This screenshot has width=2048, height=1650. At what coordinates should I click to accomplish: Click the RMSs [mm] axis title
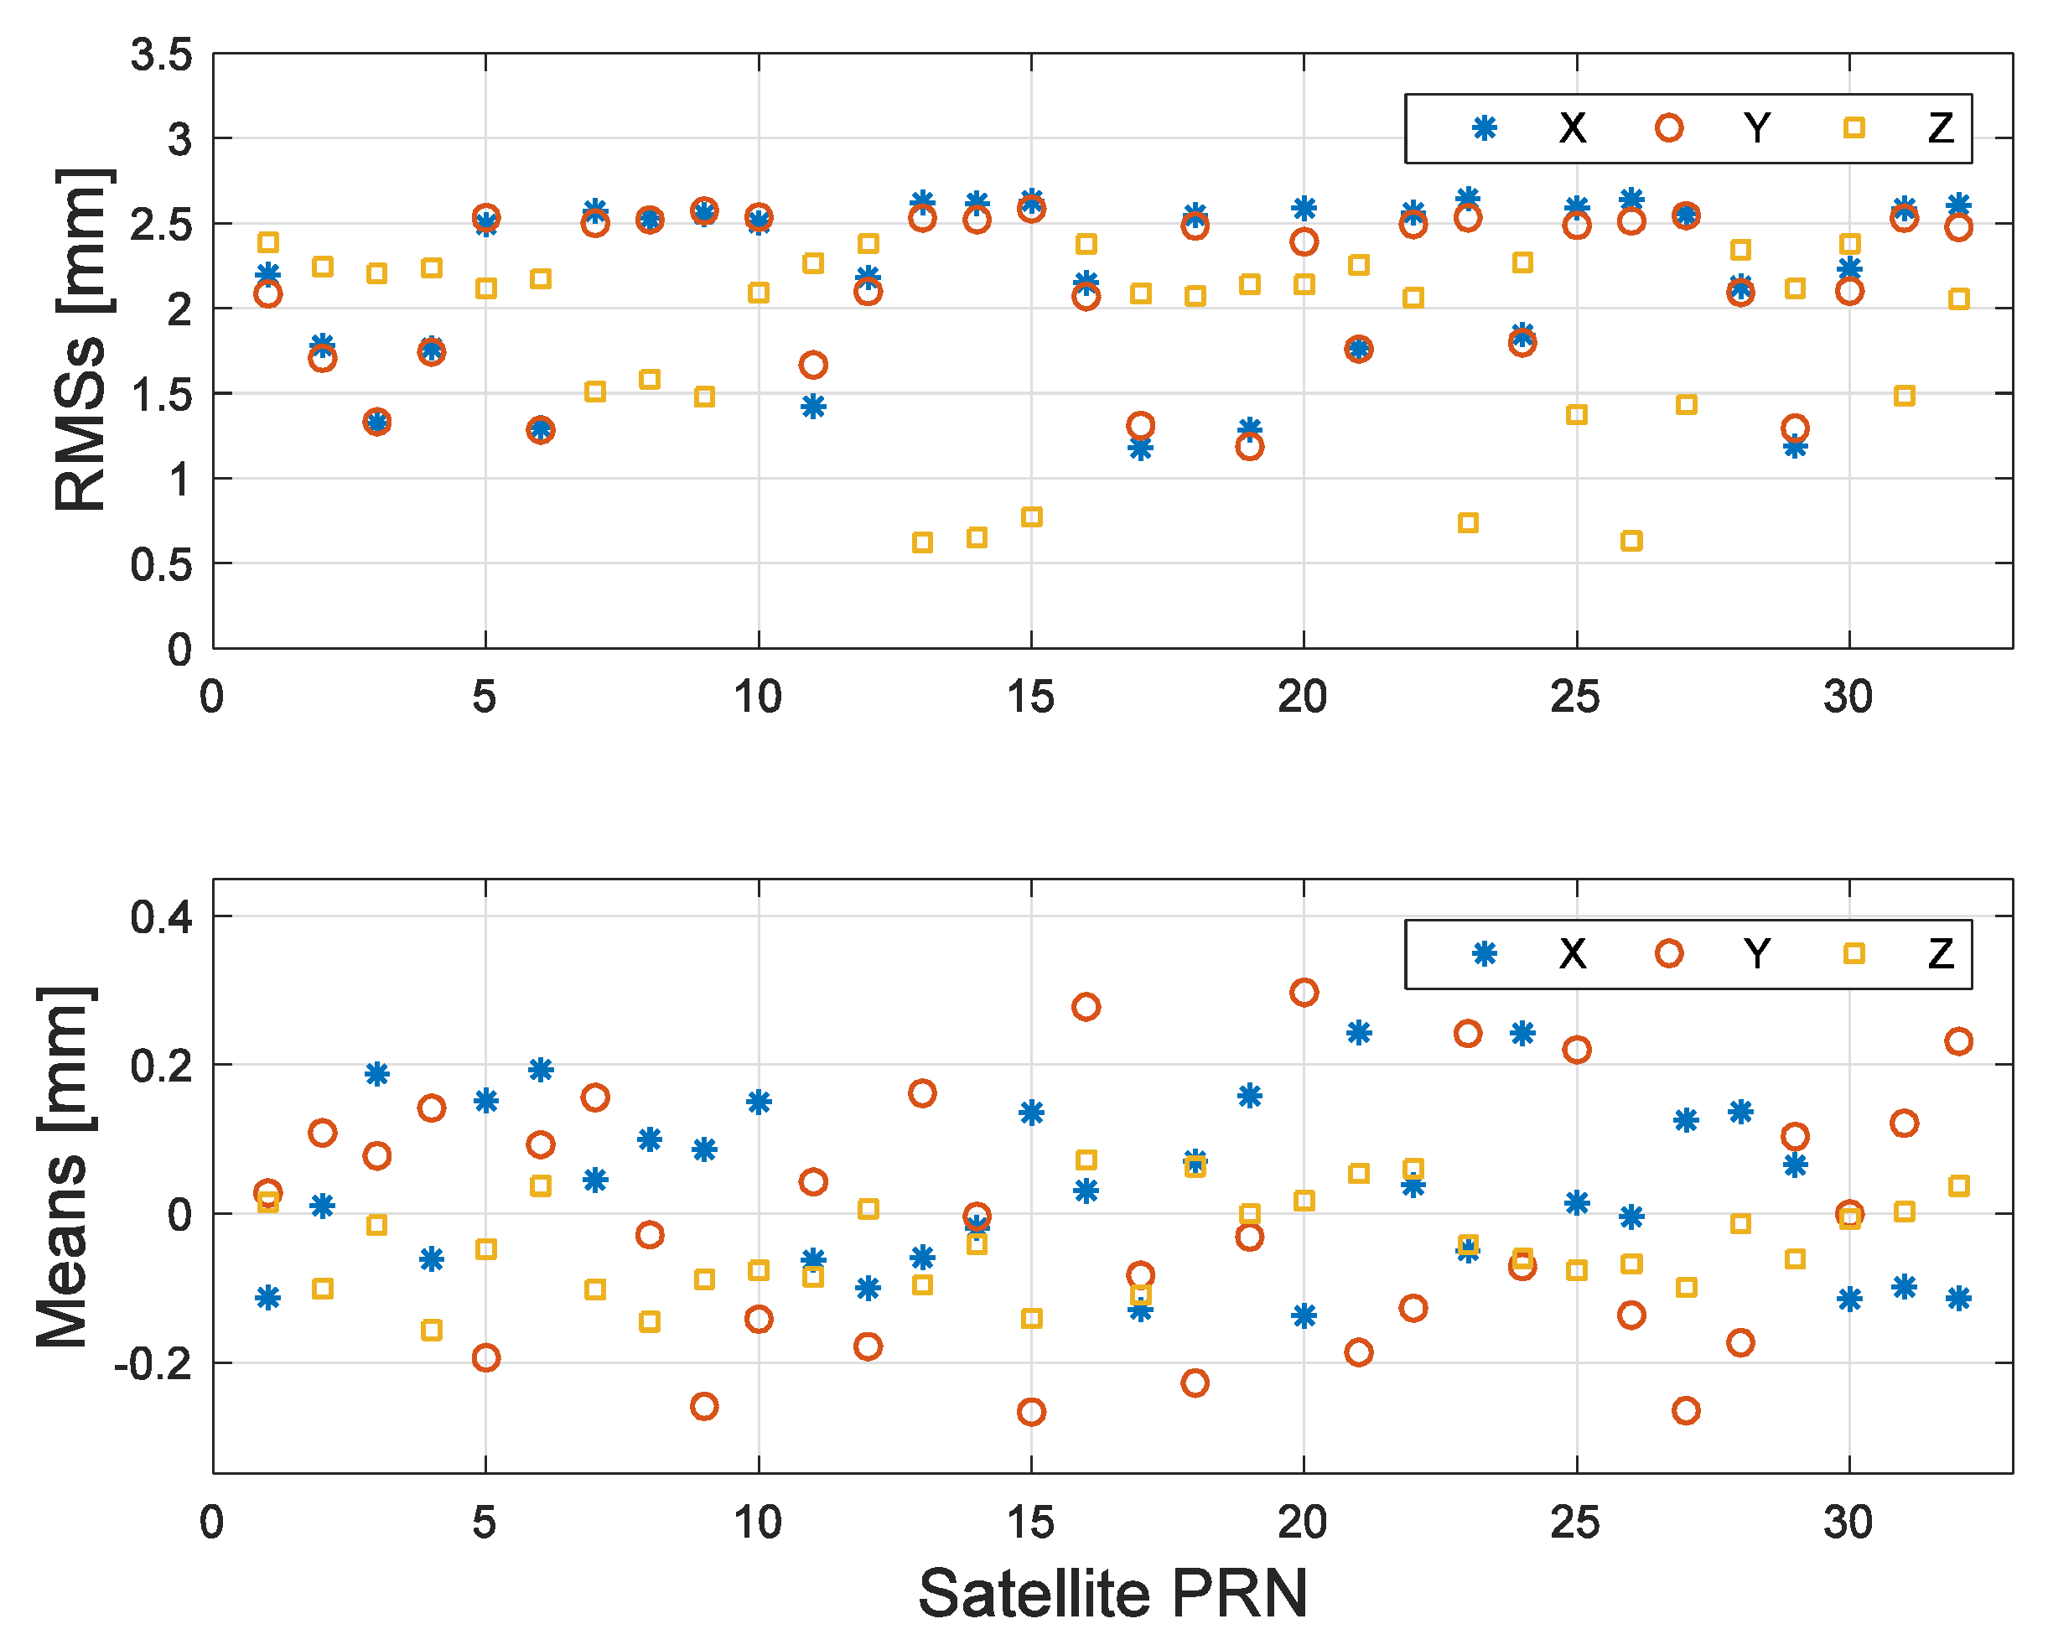click(80, 340)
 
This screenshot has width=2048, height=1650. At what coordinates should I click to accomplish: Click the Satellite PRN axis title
click(1112, 1593)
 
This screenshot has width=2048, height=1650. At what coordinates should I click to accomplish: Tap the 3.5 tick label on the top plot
click(162, 55)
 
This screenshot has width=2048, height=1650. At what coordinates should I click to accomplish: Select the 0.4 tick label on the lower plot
click(162, 918)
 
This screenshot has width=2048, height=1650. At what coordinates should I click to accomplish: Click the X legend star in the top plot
click(1485, 128)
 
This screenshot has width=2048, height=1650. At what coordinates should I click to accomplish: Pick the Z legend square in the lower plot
click(1854, 953)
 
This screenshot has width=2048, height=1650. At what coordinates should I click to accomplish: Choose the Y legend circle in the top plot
click(1669, 128)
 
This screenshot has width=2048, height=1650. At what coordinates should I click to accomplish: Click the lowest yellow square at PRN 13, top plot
click(922, 542)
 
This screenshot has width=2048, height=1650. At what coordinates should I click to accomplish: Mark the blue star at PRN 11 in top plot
click(812, 407)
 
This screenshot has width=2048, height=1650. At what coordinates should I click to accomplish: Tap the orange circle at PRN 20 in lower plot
click(1304, 993)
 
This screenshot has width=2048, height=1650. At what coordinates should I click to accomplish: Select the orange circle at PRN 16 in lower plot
click(1086, 1007)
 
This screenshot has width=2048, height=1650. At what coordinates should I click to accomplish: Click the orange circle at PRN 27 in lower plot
click(1686, 1410)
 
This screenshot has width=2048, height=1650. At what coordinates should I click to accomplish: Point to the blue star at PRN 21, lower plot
click(1359, 1032)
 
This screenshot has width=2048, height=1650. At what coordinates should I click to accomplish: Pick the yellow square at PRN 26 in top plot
click(1631, 541)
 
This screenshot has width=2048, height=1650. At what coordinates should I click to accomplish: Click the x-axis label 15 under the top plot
click(1031, 698)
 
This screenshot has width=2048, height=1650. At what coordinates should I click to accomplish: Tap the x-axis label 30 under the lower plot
click(1848, 1523)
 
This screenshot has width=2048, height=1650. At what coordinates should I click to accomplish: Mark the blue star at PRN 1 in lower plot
click(268, 1297)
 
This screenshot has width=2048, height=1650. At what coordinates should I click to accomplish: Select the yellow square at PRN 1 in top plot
click(268, 242)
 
